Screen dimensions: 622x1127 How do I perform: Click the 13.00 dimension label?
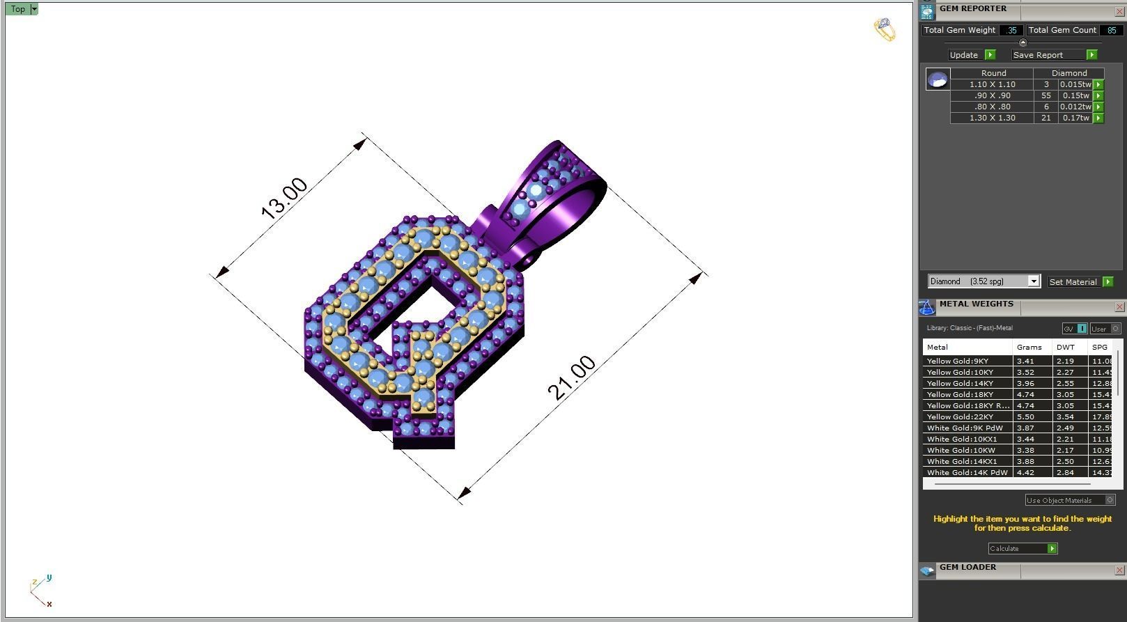(x=284, y=199)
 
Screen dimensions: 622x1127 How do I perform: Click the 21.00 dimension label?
(x=572, y=378)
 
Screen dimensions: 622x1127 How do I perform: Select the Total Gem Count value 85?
(x=1111, y=30)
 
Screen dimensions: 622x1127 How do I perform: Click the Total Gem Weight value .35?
(x=1011, y=30)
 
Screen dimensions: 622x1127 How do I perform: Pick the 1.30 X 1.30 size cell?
(x=992, y=118)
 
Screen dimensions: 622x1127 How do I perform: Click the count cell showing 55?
(x=1046, y=95)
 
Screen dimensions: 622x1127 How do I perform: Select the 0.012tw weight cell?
(x=1075, y=107)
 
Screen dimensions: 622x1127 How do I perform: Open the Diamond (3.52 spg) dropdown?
(x=1034, y=281)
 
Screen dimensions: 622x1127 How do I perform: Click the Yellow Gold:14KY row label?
(x=960, y=383)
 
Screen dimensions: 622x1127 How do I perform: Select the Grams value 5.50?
(x=1025, y=417)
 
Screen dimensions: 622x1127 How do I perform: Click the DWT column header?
(x=1065, y=347)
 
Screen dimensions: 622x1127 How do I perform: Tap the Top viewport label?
(x=17, y=9)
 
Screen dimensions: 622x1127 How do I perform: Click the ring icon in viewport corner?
(x=885, y=29)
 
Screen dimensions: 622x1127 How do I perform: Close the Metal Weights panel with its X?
(x=1119, y=306)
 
